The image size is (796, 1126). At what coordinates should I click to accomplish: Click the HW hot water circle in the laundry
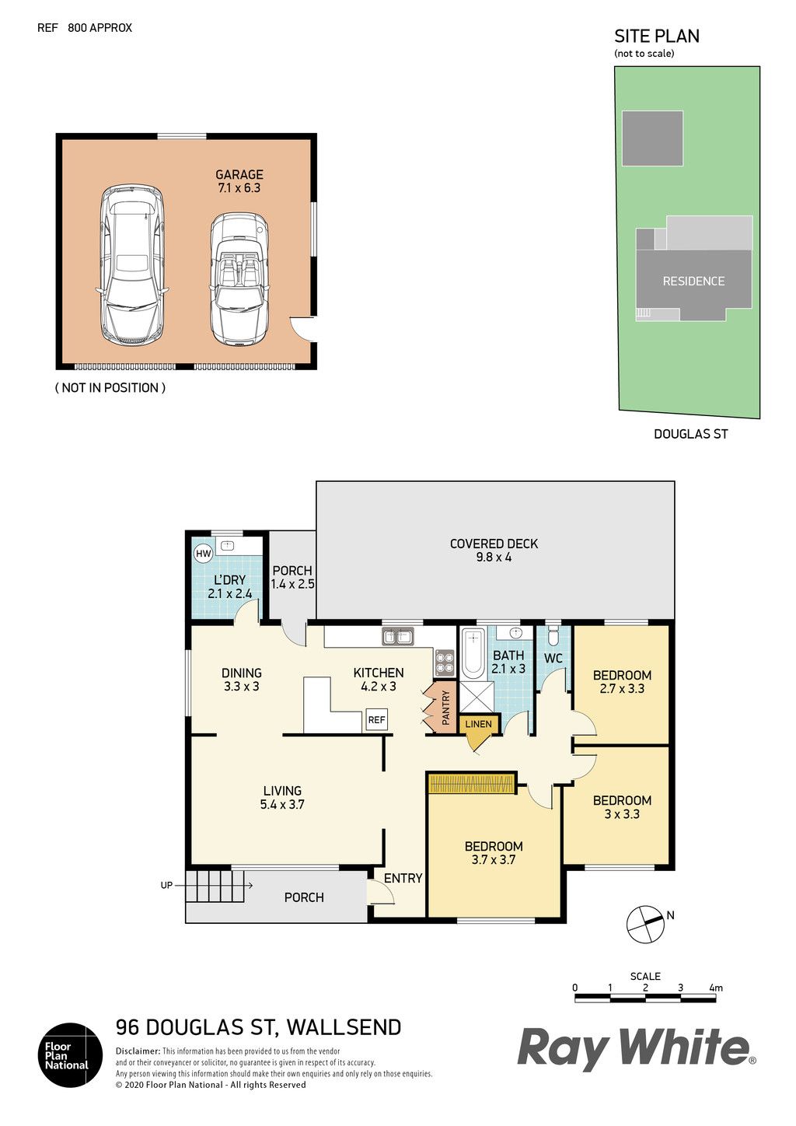203,554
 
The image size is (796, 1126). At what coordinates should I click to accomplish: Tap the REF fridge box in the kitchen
376,720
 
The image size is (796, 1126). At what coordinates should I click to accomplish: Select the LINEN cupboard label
478,725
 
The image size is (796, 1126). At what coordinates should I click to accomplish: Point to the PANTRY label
445,708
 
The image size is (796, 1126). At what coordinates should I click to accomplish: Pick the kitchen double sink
397,637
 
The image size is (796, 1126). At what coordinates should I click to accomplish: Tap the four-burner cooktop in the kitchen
444,663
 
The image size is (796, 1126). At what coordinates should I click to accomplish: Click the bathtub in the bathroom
473,653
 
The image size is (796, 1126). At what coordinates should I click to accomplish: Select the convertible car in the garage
239,280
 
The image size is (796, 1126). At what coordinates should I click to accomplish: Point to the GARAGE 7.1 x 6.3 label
239,181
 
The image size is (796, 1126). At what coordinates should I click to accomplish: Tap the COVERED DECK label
494,550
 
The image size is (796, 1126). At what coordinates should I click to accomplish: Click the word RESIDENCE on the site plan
693,281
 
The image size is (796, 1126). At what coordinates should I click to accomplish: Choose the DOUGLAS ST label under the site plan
690,434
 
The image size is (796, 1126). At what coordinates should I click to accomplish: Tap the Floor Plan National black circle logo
71,1055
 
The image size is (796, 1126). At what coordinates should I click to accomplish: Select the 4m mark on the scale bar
716,988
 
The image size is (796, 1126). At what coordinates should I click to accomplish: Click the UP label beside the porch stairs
166,885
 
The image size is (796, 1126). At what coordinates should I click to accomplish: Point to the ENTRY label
403,878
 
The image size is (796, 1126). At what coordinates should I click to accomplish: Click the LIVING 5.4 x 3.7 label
282,798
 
